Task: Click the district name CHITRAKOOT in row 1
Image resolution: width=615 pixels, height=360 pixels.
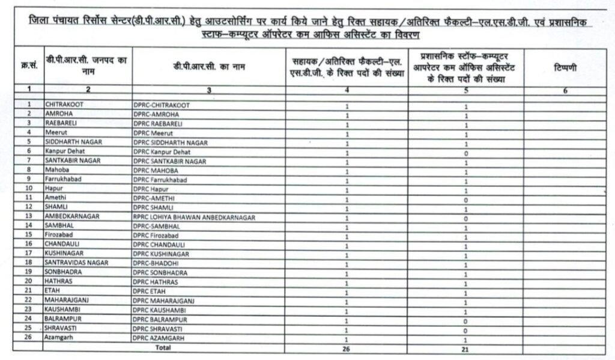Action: [64, 105]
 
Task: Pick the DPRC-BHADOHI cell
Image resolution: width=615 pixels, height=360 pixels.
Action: [156, 263]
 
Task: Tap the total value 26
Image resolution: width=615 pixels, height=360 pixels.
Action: [347, 348]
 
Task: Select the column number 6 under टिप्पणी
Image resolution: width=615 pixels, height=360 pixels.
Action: [566, 90]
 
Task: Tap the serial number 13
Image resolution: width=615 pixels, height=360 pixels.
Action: [29, 216]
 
